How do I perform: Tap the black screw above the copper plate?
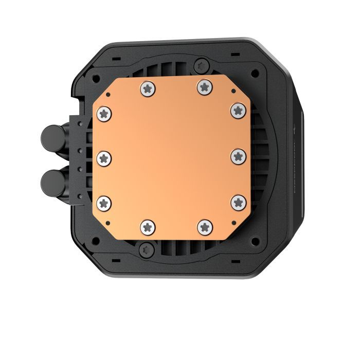tap(200, 65)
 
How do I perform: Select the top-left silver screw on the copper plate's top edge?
tap(147, 89)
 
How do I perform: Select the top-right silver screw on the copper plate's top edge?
tap(204, 87)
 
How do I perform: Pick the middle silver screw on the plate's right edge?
tap(238, 155)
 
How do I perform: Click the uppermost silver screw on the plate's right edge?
tap(238, 110)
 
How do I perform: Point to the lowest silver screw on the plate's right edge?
tap(238, 201)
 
